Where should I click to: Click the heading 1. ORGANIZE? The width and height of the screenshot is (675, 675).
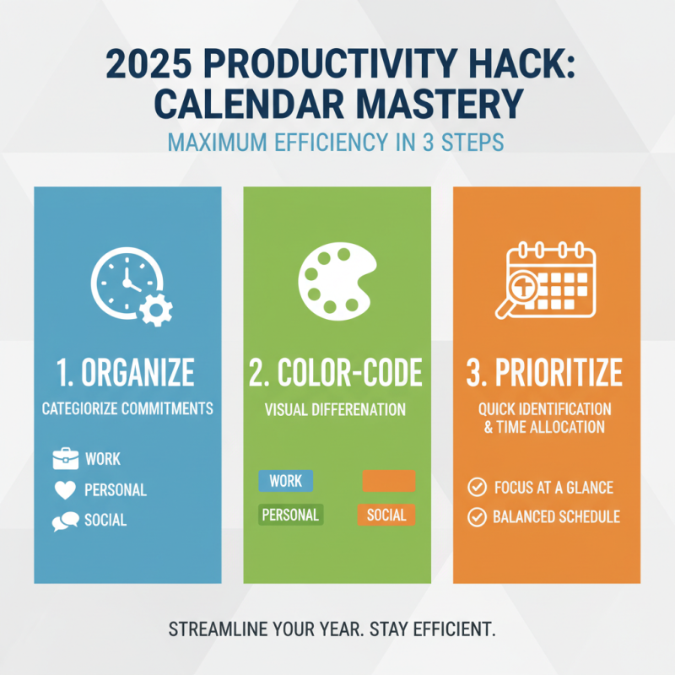coord(127,372)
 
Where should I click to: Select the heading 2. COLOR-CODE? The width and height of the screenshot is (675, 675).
coord(337,372)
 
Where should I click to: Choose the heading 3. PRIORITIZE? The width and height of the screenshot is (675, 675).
coord(546,372)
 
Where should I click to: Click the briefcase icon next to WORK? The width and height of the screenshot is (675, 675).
coord(65,460)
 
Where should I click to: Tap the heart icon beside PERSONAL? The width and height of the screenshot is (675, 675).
coord(65,490)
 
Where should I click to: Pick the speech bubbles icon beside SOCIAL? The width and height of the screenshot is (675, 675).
coord(65,521)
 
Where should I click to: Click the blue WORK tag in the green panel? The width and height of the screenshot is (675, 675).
coord(285,481)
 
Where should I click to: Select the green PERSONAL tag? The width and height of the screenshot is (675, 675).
coord(290,515)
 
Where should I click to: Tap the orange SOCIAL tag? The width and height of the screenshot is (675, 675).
coord(386,515)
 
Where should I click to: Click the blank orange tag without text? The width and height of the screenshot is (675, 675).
coord(388,481)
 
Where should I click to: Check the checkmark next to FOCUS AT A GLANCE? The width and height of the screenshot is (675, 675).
coord(477,487)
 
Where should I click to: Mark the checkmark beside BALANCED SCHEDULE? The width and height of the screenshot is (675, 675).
coord(477,516)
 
